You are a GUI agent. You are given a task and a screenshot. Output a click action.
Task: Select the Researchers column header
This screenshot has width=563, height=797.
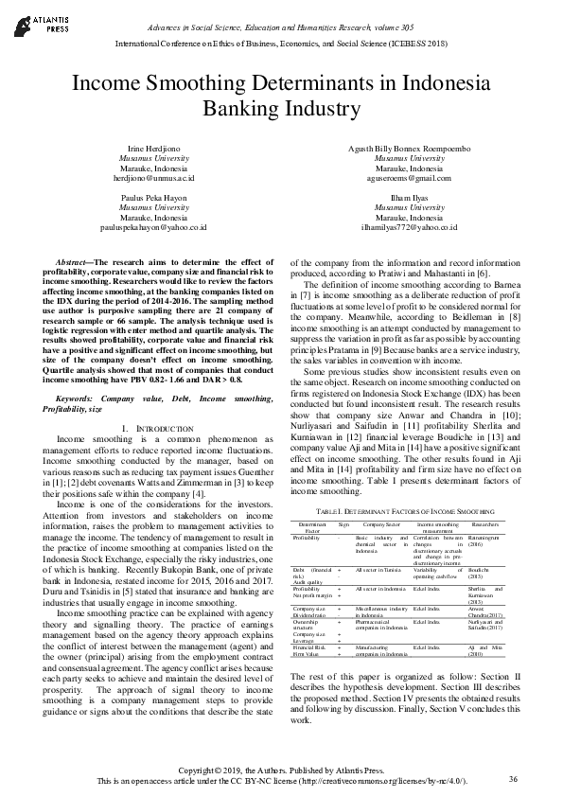coord(485,522)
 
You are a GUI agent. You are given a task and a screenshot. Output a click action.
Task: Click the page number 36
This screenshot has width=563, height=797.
coord(513,779)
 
